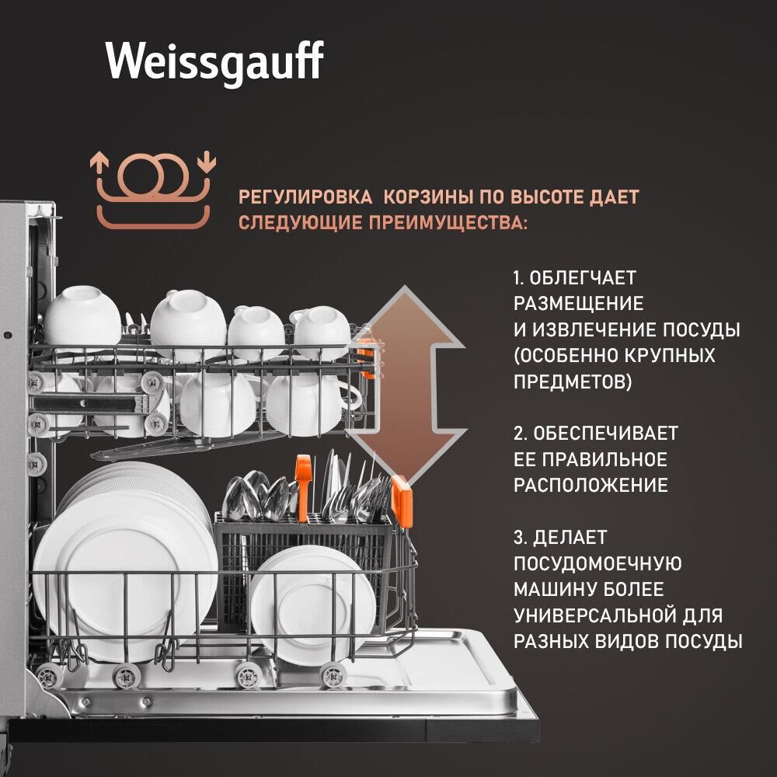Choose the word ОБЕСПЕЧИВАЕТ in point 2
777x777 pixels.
[605, 433]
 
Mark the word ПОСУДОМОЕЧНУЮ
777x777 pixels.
[598, 563]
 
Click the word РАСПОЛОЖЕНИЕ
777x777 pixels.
[591, 486]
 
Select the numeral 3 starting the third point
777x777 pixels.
[519, 536]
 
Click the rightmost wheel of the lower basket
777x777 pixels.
[333, 674]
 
